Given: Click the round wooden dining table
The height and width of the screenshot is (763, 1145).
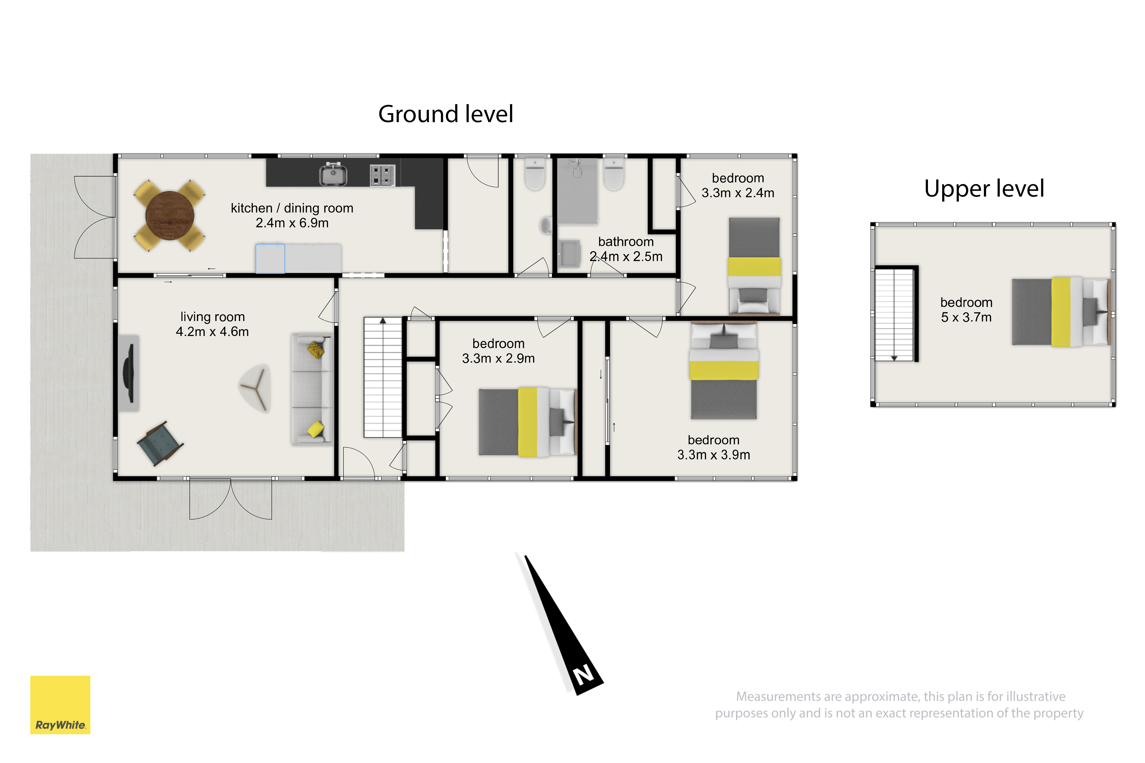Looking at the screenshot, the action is pos(170,216).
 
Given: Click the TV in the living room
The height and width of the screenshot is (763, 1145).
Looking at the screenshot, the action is pos(128,373).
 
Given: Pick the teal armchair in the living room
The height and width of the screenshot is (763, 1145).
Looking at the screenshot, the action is pos(160,443).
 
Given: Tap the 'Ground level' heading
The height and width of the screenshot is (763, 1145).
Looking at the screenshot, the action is pos(446,114).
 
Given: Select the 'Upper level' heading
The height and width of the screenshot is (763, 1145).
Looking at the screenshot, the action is pos(984,188).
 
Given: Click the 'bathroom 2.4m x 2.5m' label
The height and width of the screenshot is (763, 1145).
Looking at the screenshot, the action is pos(626,249).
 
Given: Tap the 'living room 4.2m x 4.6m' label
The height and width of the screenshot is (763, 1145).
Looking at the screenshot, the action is pos(212,324).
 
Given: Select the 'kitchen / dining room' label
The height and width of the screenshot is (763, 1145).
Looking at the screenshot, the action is pos(292,208).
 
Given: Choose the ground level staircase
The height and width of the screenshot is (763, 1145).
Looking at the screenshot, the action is pos(383,377).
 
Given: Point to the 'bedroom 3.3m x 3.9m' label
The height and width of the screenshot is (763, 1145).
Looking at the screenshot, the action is pos(714,447).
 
